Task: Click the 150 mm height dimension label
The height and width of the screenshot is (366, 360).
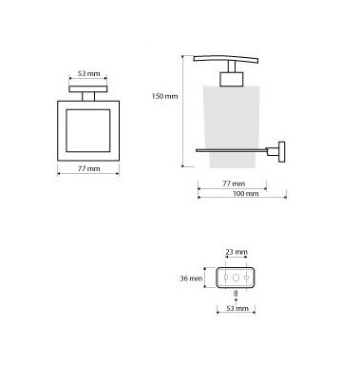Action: pyautogui.click(x=164, y=96)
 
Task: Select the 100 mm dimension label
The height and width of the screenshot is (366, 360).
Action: pyautogui.click(x=246, y=193)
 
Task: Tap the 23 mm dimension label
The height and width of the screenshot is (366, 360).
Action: pyautogui.click(x=237, y=252)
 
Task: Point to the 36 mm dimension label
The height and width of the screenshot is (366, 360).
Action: pyautogui.click(x=191, y=279)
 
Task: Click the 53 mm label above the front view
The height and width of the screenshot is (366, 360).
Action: pyautogui.click(x=88, y=73)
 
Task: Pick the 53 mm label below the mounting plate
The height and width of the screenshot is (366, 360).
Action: pyautogui.click(x=237, y=308)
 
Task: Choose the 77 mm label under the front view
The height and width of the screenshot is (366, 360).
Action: pyautogui.click(x=88, y=169)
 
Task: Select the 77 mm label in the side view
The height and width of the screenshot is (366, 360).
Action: pyautogui.click(x=234, y=183)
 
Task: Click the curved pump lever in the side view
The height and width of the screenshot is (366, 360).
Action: pyautogui.click(x=225, y=59)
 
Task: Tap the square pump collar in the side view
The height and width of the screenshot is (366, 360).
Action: pyautogui.click(x=232, y=79)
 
